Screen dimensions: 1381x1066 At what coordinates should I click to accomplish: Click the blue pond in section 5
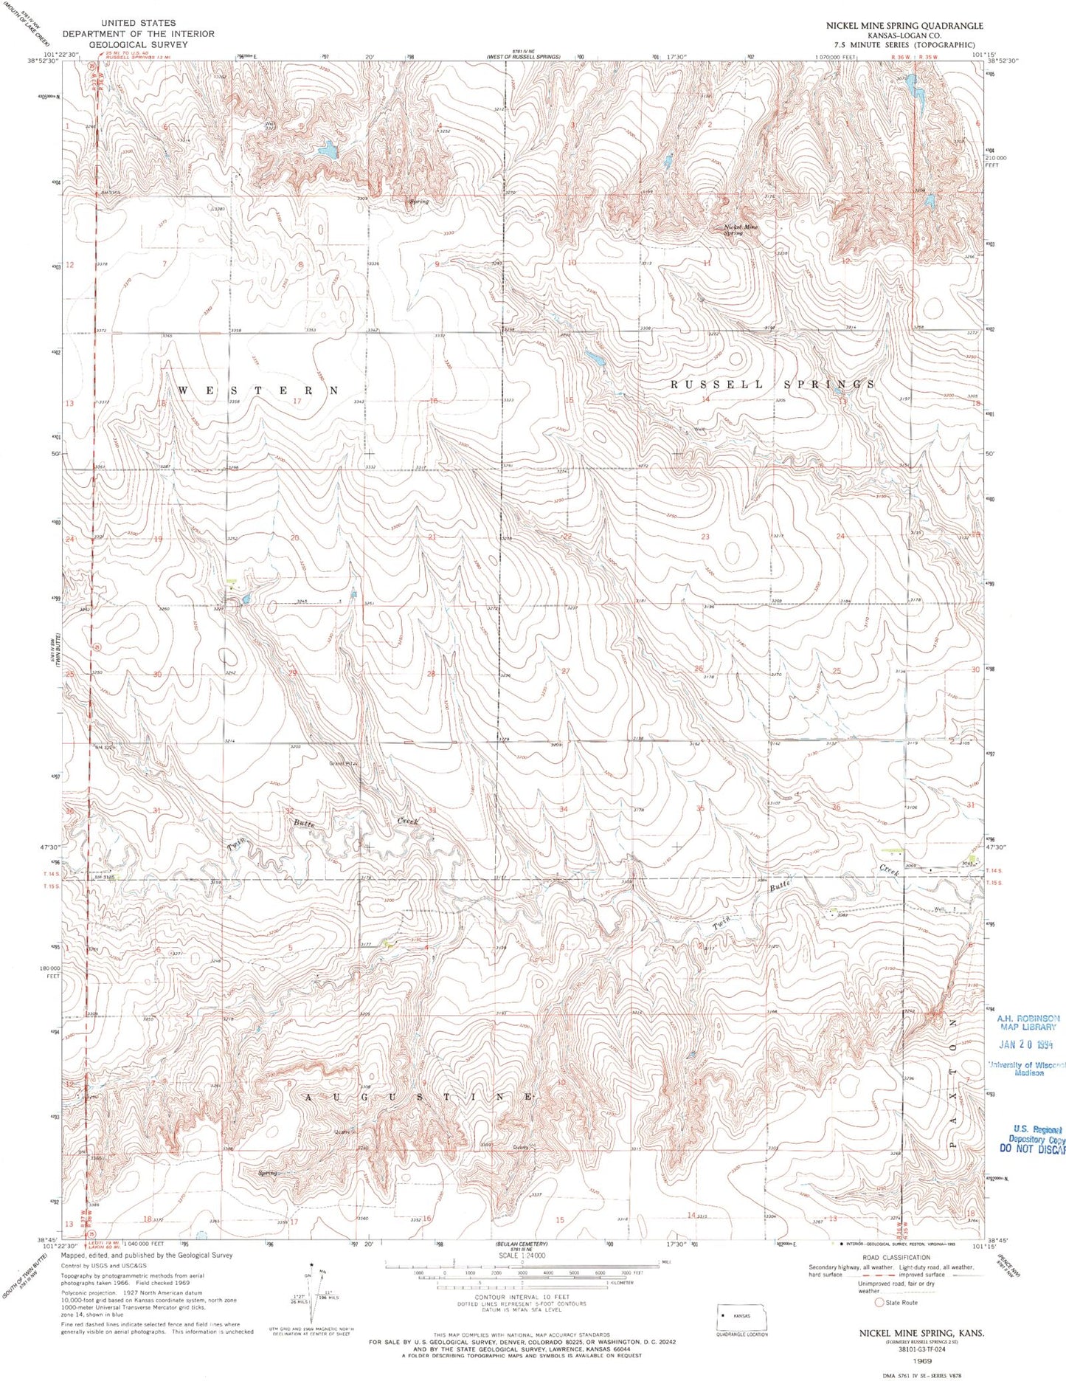click(325, 151)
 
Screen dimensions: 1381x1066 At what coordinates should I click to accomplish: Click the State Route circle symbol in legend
click(879, 1303)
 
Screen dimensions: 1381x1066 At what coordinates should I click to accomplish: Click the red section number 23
click(705, 537)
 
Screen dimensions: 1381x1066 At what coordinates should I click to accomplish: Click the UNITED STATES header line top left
click(138, 24)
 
